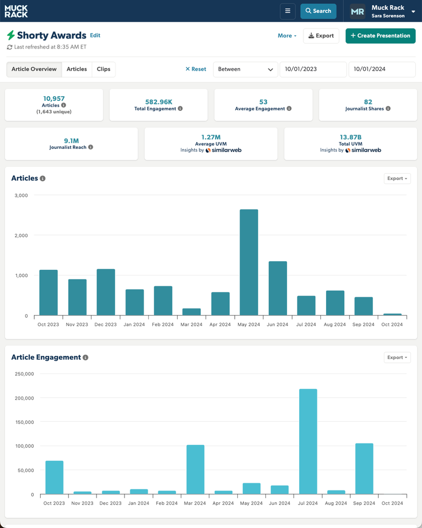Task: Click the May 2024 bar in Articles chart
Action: (x=249, y=262)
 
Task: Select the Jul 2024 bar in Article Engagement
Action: (x=308, y=441)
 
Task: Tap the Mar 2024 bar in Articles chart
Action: (x=191, y=312)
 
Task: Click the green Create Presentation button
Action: (x=380, y=36)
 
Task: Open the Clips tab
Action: (x=103, y=69)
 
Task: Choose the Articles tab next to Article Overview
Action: (x=76, y=69)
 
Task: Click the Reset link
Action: (x=196, y=69)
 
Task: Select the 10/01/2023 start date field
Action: (x=312, y=69)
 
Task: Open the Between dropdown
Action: (x=245, y=69)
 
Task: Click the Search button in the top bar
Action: (x=318, y=11)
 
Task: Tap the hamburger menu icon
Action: (x=287, y=11)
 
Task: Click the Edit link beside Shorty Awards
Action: (x=95, y=35)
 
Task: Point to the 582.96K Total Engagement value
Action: (x=158, y=101)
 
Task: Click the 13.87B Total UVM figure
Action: (x=350, y=137)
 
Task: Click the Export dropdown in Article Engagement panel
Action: (x=397, y=357)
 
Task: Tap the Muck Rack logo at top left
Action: (x=16, y=11)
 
